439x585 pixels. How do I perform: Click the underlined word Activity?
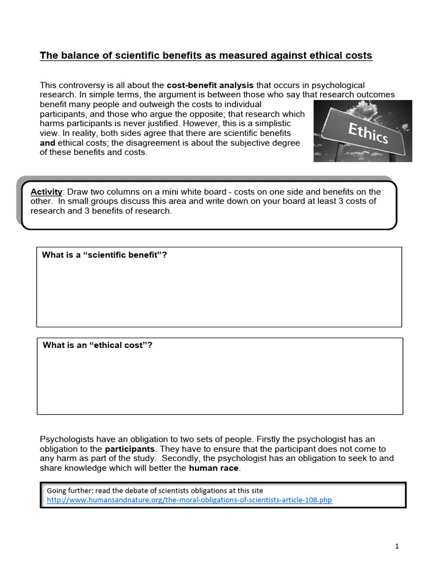46,192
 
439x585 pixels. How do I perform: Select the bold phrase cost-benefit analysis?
210,85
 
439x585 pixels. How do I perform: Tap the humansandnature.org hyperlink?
189,500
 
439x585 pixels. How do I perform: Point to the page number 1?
397,547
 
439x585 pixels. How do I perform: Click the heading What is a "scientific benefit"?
104,255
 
